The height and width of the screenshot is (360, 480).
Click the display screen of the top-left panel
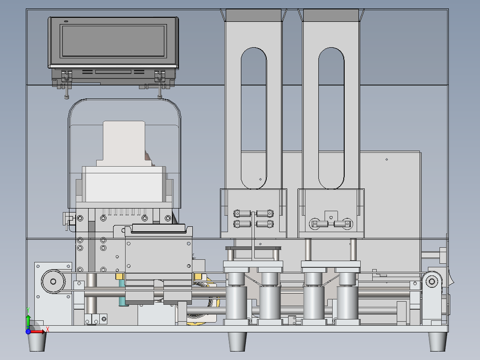[x=113, y=41]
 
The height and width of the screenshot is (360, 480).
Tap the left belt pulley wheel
[x=53, y=281]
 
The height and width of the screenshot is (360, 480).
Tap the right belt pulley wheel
[x=431, y=281]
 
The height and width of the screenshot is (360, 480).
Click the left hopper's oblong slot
[x=254, y=118]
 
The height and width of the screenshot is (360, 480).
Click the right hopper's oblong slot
[x=331, y=118]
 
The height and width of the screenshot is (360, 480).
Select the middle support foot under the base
[x=238, y=341]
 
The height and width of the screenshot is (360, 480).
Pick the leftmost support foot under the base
[x=37, y=342]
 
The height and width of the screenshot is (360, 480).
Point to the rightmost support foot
[x=437, y=341]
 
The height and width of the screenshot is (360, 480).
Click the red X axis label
[x=48, y=330]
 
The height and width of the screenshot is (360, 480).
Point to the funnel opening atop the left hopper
[x=253, y=15]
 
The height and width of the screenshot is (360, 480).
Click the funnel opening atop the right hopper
[x=331, y=15]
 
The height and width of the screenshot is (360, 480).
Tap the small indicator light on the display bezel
[x=66, y=21]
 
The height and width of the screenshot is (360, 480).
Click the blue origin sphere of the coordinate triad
[x=28, y=331]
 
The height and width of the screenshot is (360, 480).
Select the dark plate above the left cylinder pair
[x=253, y=248]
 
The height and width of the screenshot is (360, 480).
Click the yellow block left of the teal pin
[x=119, y=277]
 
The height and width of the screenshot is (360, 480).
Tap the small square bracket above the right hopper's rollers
[x=331, y=216]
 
